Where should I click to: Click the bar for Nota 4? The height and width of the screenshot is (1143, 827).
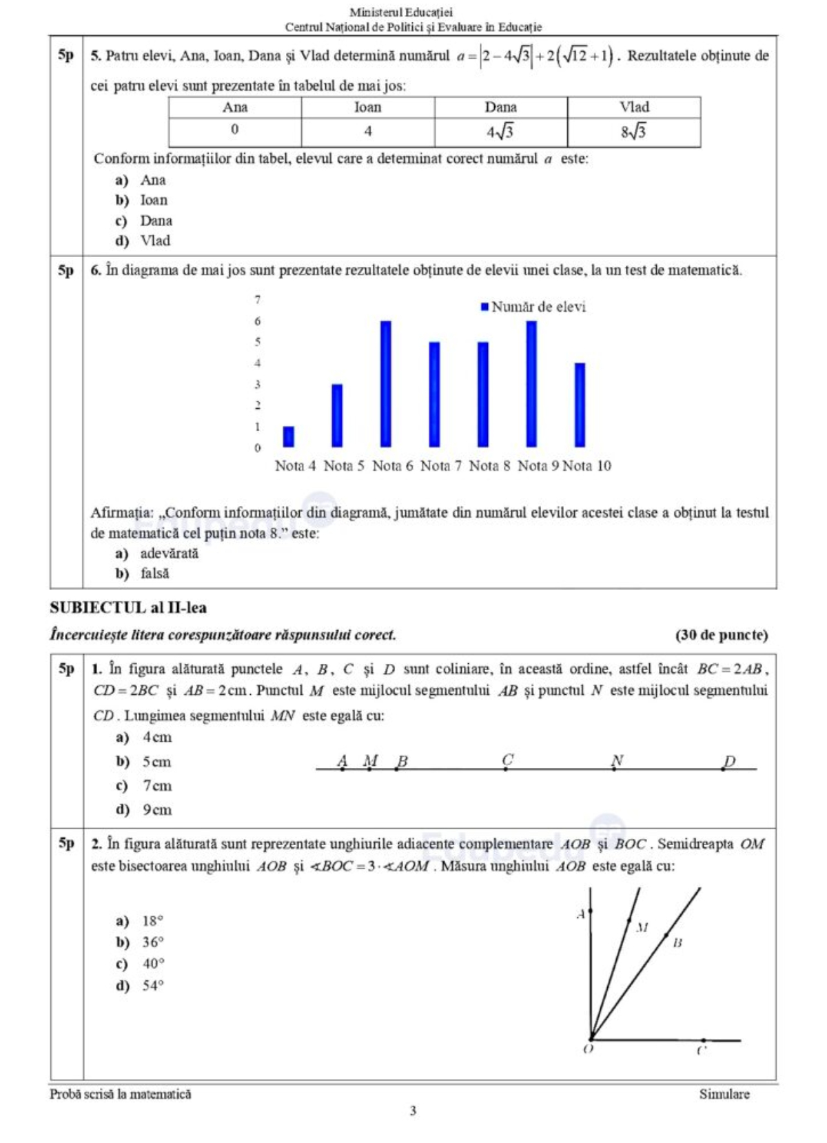[x=289, y=437]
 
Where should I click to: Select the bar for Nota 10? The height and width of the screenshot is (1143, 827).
[x=580, y=405]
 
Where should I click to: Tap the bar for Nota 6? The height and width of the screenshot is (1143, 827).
[x=386, y=384]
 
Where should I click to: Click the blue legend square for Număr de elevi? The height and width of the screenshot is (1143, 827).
[x=484, y=307]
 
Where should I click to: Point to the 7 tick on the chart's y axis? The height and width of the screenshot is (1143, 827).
[x=258, y=300]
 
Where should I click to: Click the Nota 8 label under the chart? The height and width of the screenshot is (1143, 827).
[x=489, y=466]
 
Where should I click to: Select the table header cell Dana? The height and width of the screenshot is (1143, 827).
[x=501, y=108]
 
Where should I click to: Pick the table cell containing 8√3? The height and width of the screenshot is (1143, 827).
[x=633, y=132]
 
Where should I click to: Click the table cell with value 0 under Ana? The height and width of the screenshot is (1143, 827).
[x=235, y=130]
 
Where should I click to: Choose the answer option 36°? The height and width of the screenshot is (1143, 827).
[x=153, y=942]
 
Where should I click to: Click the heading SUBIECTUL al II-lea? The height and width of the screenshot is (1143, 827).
[x=128, y=608]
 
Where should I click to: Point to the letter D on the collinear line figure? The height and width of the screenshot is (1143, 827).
[x=730, y=761]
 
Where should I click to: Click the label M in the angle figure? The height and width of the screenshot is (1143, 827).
[x=642, y=928]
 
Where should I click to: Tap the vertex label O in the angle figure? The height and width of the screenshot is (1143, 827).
[x=588, y=1049]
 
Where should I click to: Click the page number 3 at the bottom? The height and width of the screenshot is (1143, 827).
[x=413, y=1111]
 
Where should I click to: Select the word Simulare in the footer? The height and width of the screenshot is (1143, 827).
[x=724, y=1094]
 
